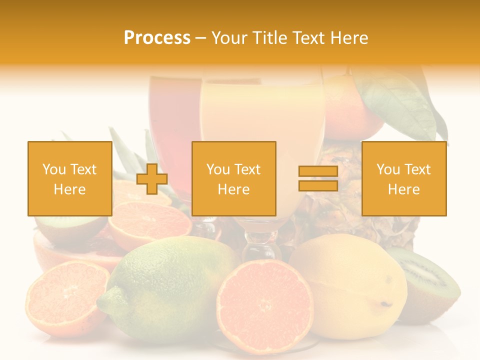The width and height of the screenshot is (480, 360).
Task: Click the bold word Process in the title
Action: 157,38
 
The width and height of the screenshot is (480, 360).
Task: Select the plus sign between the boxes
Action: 152,179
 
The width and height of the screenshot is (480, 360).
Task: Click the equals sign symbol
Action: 318,178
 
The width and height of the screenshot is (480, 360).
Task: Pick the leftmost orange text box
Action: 69,178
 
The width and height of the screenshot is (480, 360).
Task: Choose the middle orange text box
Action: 233,178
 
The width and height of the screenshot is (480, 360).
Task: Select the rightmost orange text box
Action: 403,178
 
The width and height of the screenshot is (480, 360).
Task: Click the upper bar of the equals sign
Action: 318,171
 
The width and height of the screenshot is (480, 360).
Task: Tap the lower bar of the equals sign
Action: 318,185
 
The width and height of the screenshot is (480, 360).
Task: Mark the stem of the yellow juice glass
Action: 255,245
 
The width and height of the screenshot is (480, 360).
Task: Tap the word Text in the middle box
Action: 247,169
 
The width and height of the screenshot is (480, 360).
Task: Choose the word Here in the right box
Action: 403,189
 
